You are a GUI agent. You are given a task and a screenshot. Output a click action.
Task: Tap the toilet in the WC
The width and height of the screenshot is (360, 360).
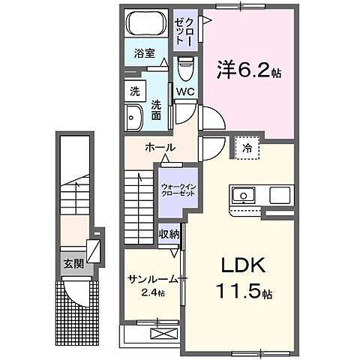click(186, 69)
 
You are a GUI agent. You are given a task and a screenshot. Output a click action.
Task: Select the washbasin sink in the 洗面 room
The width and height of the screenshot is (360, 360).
click(135, 116)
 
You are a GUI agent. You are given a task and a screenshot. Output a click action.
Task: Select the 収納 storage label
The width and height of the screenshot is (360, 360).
click(169, 235)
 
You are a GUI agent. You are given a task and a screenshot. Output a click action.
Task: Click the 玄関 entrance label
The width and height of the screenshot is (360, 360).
click(73, 263)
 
